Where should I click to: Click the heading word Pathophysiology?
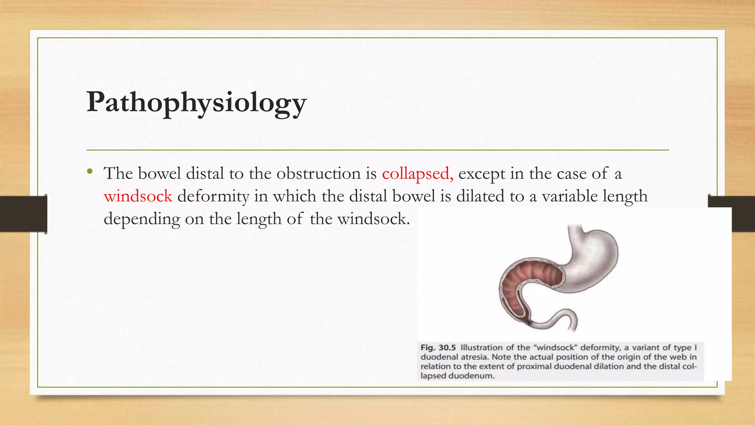[x=196, y=103]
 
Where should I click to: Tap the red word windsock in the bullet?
[x=138, y=196]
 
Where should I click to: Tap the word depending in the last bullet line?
[x=142, y=219]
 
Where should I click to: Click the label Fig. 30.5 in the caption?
[x=438, y=348]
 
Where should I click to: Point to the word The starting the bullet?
[x=118, y=173]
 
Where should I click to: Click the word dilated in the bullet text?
[x=480, y=196]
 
